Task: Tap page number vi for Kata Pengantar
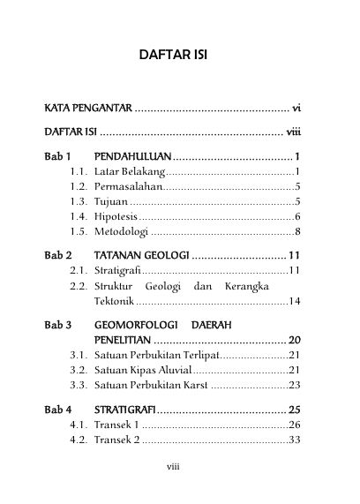click(x=297, y=108)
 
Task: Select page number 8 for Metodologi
click(x=300, y=231)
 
